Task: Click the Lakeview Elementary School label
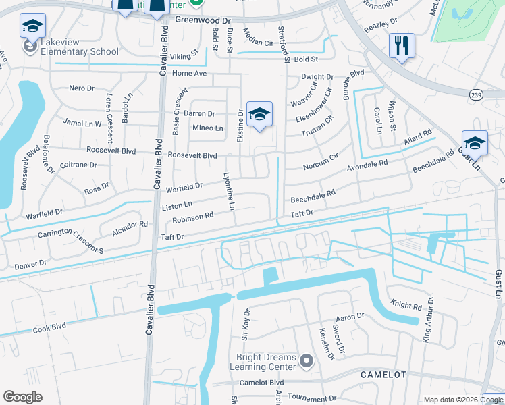click(x=80, y=47)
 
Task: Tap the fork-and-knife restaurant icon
click(x=402, y=46)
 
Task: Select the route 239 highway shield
click(x=476, y=94)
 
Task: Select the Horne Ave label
click(x=190, y=74)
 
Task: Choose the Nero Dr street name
click(x=82, y=88)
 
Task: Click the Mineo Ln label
click(x=208, y=128)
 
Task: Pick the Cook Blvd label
click(x=51, y=327)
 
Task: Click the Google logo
click(x=22, y=397)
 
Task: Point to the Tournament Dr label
click(x=311, y=399)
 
